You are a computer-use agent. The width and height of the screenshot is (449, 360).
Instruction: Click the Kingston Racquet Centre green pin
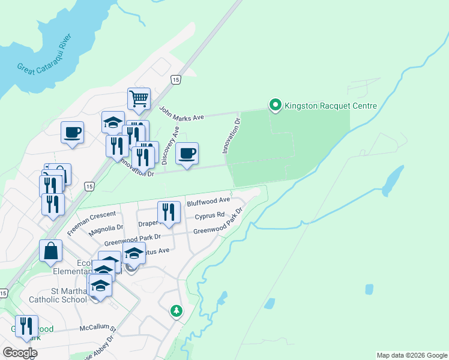(276, 106)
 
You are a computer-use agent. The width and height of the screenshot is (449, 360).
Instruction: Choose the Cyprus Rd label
(213, 215)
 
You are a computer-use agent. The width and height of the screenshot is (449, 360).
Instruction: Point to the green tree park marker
(176, 311)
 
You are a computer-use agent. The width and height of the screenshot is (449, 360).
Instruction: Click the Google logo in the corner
(20, 353)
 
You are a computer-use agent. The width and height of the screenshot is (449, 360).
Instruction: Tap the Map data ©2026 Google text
(411, 355)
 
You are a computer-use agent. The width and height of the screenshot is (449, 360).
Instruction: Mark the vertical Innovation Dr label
(231, 136)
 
